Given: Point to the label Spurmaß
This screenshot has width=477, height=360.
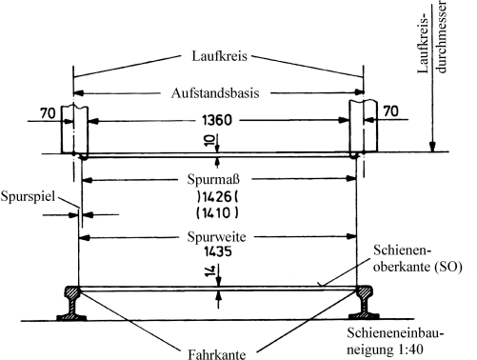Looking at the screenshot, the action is pyautogui.click(x=217, y=178).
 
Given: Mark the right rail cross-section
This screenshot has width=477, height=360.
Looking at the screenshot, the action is pyautogui.click(x=365, y=304).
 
